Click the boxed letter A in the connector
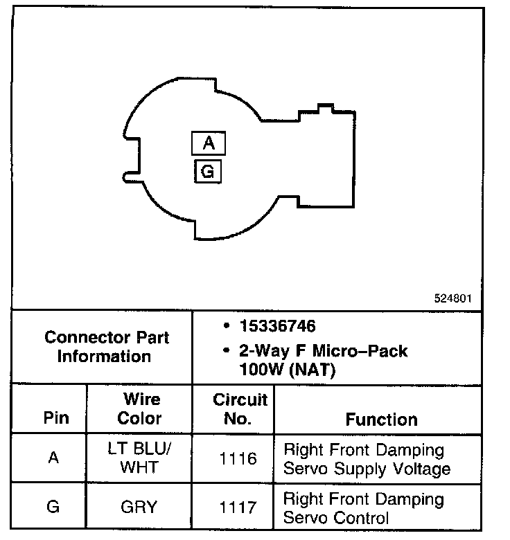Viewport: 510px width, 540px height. pos(209,144)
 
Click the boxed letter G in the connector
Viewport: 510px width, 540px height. pos(208,171)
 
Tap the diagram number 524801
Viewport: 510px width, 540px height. pos(453,299)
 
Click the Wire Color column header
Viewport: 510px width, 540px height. pos(139,409)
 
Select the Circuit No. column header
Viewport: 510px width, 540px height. pos(240,409)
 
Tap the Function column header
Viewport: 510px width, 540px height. pos(381,419)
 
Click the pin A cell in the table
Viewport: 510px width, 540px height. pos(53,458)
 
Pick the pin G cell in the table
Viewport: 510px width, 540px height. pos(53,507)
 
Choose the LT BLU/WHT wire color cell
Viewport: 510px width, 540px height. pos(139,458)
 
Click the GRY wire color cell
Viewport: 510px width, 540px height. pos(139,507)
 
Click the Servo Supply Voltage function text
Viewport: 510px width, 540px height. pos(367,469)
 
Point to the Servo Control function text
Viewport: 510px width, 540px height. pos(336,516)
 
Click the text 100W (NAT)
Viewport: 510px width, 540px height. pos(287,370)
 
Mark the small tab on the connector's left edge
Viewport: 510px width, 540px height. pos(129,178)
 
